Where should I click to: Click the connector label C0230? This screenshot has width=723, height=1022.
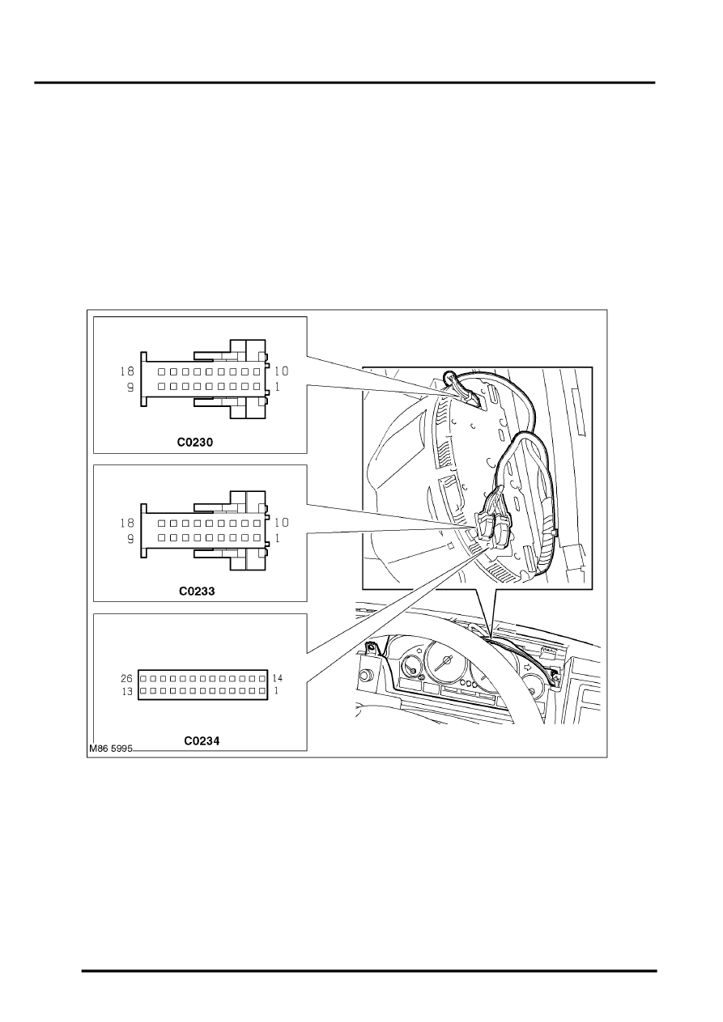[195, 442]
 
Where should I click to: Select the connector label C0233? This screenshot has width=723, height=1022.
[197, 591]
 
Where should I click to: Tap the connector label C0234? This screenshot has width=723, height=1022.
[202, 741]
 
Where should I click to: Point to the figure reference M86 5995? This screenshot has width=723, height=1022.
[111, 748]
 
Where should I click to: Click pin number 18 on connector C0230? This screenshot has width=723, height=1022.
[127, 371]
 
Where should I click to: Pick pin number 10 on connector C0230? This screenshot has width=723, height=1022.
[282, 371]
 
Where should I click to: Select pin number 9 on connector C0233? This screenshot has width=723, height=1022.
[130, 539]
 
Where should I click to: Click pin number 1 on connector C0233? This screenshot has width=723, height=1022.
[278, 539]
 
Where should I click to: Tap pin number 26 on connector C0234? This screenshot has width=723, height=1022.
[126, 678]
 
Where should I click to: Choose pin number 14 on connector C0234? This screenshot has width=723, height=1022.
[278, 678]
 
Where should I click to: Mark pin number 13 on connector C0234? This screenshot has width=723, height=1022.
[127, 692]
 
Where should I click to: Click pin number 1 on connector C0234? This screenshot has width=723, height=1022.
[276, 691]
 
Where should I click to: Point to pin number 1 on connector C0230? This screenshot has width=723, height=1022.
[278, 388]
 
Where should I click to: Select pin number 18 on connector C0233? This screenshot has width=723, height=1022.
[127, 523]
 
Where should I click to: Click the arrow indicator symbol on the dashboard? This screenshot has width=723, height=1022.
[528, 667]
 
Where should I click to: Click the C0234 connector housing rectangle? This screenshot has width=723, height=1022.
[202, 685]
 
